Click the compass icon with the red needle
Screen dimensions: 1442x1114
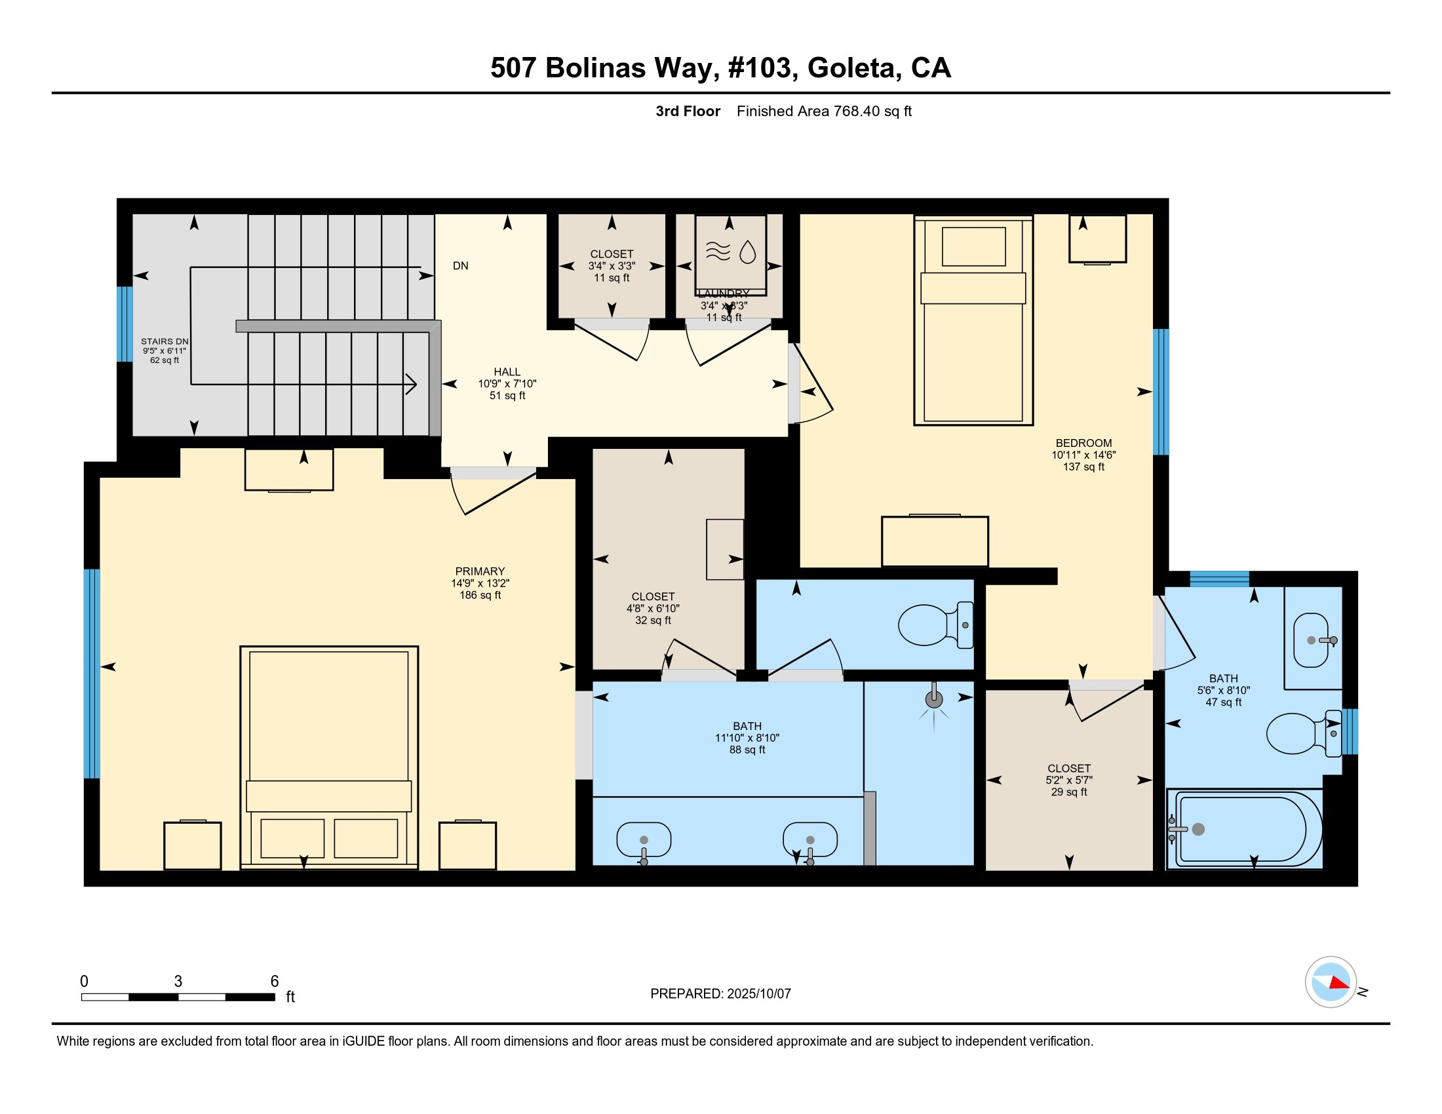[x=1331, y=982]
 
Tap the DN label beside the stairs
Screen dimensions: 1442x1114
[x=460, y=266]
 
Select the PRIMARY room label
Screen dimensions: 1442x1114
[x=480, y=571]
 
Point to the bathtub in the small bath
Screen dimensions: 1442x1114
[x=1245, y=829]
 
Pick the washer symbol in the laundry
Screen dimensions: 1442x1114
[x=730, y=255]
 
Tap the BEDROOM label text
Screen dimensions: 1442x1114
[x=1083, y=443]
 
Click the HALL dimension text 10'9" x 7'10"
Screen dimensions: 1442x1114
[x=507, y=383]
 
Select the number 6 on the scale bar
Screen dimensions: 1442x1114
[x=275, y=981]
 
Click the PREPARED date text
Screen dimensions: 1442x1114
[x=720, y=993]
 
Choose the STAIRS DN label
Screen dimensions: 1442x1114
[x=165, y=342]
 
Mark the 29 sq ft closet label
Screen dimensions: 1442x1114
[x=1069, y=780]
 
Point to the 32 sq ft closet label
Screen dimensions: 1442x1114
[x=653, y=609]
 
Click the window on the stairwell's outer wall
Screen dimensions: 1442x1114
[x=125, y=324]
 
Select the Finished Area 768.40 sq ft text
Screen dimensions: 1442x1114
[x=824, y=111]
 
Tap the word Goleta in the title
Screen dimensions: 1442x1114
[x=851, y=68]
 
